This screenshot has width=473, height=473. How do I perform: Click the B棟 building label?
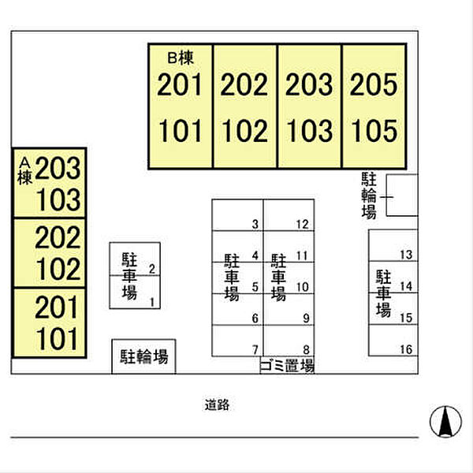tap(181, 58)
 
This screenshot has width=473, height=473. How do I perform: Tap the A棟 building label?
tap(24, 171)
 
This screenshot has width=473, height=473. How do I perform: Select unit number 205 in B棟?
tap(374, 84)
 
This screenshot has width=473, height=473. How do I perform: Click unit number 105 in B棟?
tap(374, 130)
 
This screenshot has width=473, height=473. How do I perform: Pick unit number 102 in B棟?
tap(244, 130)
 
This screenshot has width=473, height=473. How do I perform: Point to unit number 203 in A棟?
tap(58, 168)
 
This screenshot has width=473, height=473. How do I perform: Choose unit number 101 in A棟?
tap(57, 339)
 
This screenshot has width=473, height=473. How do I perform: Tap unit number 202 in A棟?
tap(58, 237)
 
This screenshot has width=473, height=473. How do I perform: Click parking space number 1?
tap(152, 302)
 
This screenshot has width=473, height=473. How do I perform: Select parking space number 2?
tap(152, 269)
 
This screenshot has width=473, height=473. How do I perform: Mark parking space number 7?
tap(255, 350)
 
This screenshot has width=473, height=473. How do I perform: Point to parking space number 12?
tap(302, 225)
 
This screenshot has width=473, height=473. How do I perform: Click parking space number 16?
tap(406, 349)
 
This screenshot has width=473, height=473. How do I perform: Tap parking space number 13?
tap(406, 255)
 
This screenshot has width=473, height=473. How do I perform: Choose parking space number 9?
tap(306, 318)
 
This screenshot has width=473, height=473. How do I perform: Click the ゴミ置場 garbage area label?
tap(287, 366)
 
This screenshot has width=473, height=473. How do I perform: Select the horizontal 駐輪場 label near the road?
tap(144, 356)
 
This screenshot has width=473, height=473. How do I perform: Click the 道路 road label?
tap(217, 405)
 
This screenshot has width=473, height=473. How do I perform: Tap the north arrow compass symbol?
tap(445, 422)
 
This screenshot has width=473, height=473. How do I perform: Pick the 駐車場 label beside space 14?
tap(383, 293)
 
